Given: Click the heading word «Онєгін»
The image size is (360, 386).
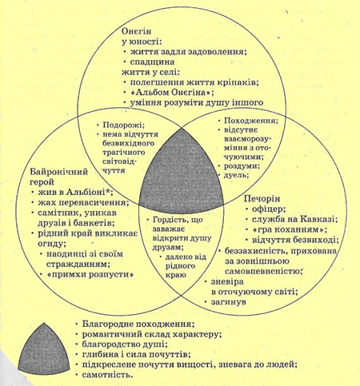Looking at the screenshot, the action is pos(136,31).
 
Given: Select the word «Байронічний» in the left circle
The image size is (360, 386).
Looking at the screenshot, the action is pos(59,172).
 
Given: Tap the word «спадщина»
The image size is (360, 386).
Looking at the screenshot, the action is pos(152,62).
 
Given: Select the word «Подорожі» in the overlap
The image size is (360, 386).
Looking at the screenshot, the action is pos(124,125).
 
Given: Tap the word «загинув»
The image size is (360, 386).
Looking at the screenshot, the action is pos(229,302).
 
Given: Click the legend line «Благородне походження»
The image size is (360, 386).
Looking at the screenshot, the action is pos(138,324).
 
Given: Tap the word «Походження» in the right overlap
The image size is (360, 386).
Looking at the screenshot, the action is pos(251,121).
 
